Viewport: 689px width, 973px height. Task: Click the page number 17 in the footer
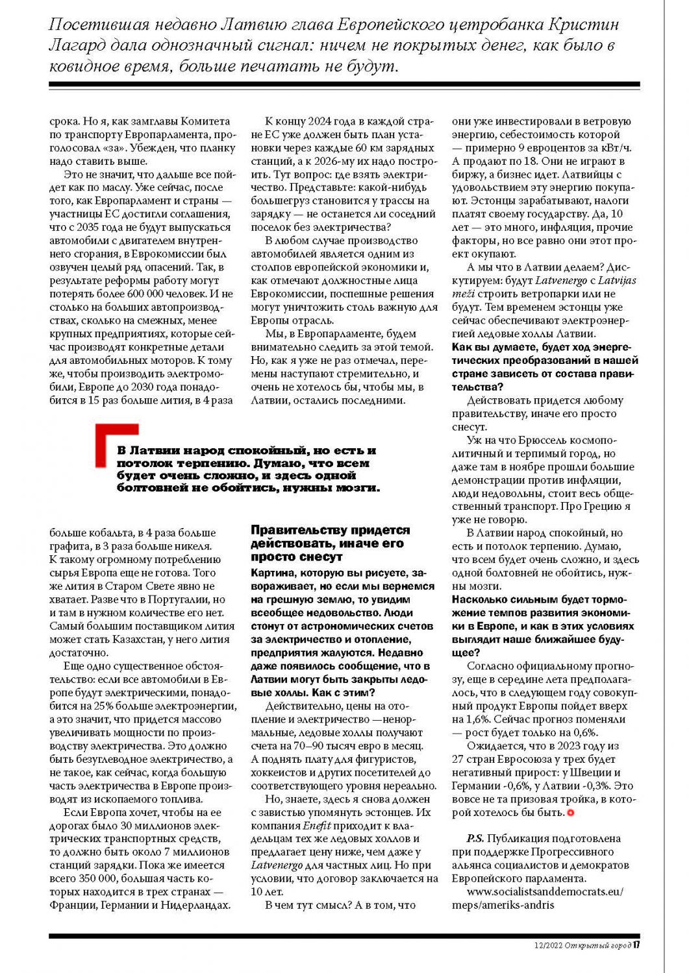[637, 945]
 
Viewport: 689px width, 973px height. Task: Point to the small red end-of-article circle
[571, 813]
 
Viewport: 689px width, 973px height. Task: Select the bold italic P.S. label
[475, 838]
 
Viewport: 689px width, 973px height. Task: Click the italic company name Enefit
[317, 826]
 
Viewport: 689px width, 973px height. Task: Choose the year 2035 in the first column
[88, 227]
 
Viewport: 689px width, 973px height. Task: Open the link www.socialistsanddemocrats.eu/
[545, 891]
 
